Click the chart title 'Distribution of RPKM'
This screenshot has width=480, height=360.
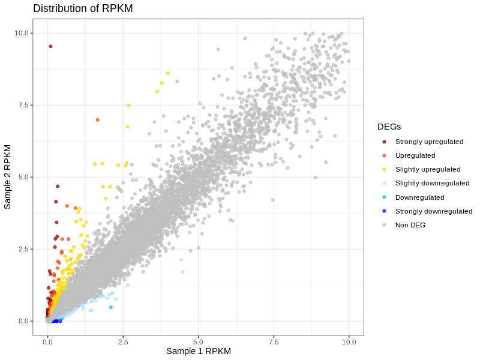(x=83, y=8)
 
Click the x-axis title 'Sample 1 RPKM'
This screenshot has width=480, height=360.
(x=198, y=351)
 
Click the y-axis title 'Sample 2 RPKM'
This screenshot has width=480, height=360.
(x=8, y=176)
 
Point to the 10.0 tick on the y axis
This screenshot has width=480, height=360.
(x=22, y=33)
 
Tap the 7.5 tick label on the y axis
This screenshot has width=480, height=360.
(x=24, y=105)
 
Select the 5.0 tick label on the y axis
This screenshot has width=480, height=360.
(x=24, y=177)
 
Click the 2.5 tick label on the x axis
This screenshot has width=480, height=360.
(x=123, y=341)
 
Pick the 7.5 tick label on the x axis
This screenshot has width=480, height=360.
(x=274, y=341)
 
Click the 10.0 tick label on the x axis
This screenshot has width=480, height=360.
(x=349, y=341)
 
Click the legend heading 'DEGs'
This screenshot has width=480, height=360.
(x=389, y=127)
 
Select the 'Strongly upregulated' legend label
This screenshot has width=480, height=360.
(x=429, y=142)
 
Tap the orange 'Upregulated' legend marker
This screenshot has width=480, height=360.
(x=384, y=155)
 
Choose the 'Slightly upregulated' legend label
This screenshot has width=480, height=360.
(x=428, y=169)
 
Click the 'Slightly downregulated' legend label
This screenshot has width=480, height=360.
(x=432, y=183)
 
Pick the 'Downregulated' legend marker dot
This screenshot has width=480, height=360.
(x=384, y=197)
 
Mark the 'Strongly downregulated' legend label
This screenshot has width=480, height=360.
(x=434, y=211)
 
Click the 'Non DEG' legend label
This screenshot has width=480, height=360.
(x=410, y=225)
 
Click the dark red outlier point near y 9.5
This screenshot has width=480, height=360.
(x=50, y=46)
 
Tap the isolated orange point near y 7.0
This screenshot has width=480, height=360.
(x=97, y=120)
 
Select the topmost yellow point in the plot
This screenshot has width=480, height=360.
(x=168, y=73)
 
